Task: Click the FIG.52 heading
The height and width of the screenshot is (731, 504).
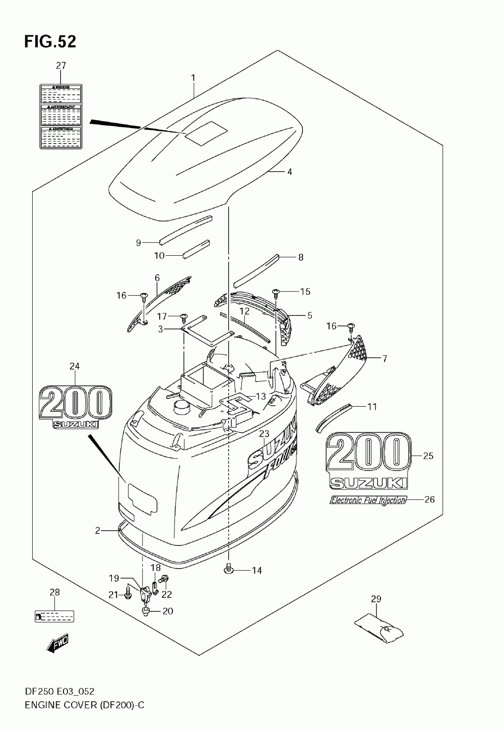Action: tap(50, 41)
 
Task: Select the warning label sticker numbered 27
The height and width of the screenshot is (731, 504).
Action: tap(60, 116)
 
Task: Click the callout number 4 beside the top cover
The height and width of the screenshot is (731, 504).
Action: tap(289, 172)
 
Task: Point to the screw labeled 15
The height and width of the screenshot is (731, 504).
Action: tap(276, 291)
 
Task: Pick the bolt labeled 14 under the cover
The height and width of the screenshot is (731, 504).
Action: tap(228, 570)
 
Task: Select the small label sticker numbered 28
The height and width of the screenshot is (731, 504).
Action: tap(54, 615)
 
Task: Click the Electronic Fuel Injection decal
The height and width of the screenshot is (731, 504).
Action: tap(367, 500)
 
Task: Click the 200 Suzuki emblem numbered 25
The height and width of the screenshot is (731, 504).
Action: tap(367, 461)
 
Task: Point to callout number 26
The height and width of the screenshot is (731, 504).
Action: tap(429, 500)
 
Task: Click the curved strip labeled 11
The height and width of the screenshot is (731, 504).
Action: tap(332, 417)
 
